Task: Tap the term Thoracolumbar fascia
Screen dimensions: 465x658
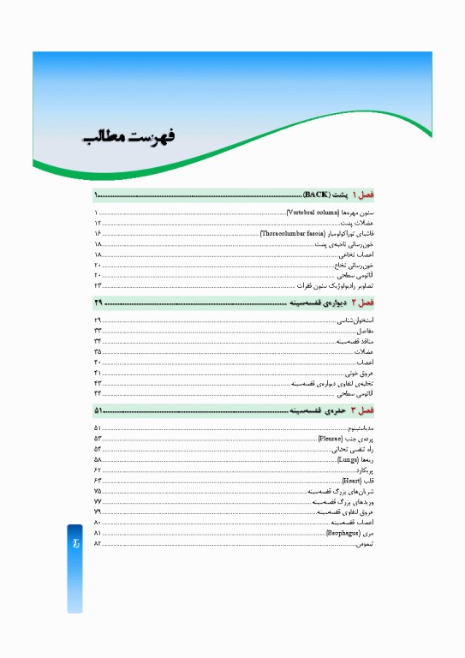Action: pyautogui.click(x=290, y=233)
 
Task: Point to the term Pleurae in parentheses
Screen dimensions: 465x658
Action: pyautogui.click(x=331, y=438)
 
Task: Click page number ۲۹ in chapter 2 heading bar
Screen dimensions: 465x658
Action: pyautogui.click(x=98, y=302)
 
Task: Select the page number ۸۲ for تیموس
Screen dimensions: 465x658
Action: pyautogui.click(x=98, y=544)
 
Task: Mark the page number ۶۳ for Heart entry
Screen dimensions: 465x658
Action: pyautogui.click(x=98, y=481)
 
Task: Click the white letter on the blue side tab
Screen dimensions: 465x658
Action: pyautogui.click(x=75, y=545)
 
